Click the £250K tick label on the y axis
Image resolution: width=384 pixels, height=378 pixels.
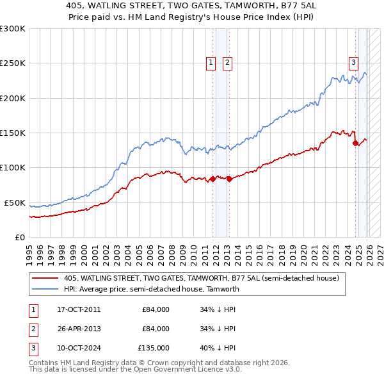(13, 63)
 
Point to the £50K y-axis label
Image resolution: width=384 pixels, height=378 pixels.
(15, 202)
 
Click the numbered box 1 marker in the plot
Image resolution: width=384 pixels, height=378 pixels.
(211, 62)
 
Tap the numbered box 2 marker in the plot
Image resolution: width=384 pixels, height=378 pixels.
(227, 62)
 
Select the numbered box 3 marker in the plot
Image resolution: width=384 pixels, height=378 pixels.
(353, 62)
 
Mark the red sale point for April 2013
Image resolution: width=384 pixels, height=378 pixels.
(229, 179)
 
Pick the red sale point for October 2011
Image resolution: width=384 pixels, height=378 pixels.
(212, 179)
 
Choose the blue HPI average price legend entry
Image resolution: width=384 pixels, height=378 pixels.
(151, 289)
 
